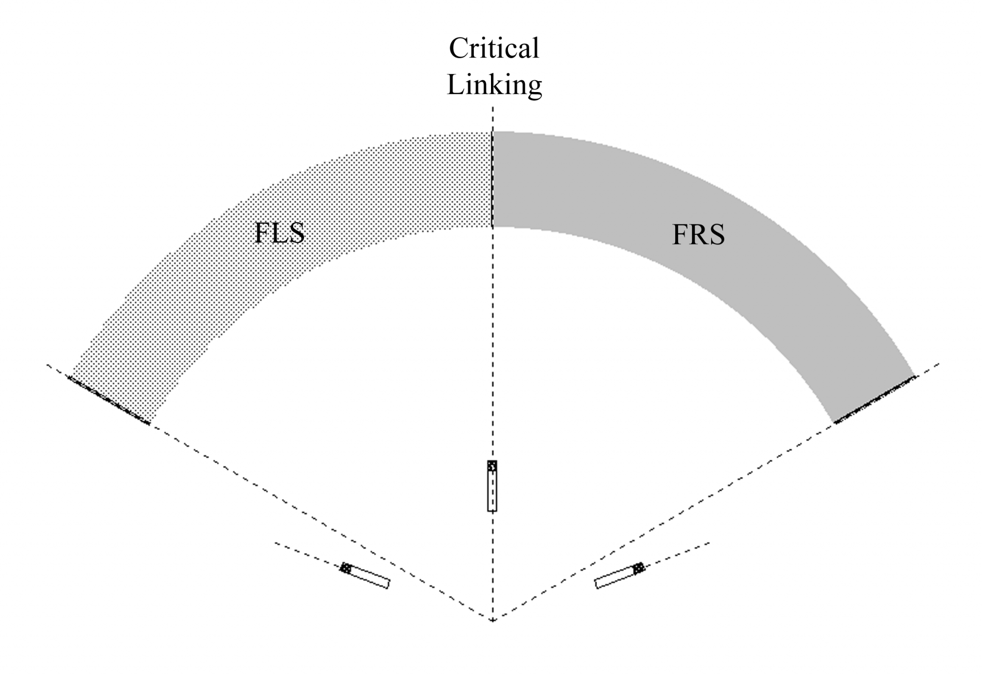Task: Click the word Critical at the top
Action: tap(494, 49)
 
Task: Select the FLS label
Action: tap(280, 233)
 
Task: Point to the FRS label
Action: tap(698, 235)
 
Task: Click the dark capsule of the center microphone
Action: tap(492, 466)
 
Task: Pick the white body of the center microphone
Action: tap(492, 491)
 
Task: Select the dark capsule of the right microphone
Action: tap(639, 569)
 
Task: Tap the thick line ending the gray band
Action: tap(875, 399)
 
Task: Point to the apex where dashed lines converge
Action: tap(492, 621)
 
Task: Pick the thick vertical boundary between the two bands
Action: tap(492, 180)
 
